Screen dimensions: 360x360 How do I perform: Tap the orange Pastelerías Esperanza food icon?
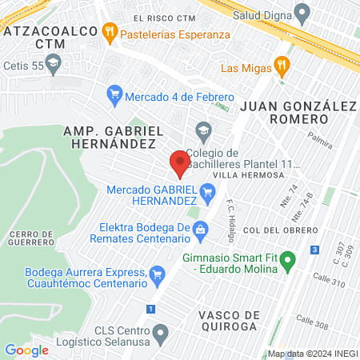110,34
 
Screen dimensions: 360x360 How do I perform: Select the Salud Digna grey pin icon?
302,14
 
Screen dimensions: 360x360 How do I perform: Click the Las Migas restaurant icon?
280,66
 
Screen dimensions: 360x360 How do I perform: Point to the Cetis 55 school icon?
54,62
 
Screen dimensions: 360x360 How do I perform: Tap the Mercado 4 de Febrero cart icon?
114,94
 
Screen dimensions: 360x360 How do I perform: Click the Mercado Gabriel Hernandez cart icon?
208,190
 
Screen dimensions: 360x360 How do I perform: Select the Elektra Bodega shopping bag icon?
200,230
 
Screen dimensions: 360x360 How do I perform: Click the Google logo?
26,350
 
